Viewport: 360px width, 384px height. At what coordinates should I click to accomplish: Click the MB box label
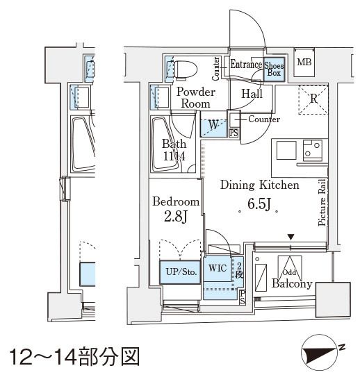pyautogui.click(x=304, y=63)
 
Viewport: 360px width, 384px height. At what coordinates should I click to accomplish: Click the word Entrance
pyautogui.click(x=245, y=65)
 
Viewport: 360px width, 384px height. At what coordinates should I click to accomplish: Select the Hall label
pyautogui.click(x=252, y=94)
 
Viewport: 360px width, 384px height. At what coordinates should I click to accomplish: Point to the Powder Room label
pyautogui.click(x=195, y=98)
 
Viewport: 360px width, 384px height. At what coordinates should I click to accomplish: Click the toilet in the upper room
pyautogui.click(x=185, y=69)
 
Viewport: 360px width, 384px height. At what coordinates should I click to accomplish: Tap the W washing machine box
pyautogui.click(x=213, y=126)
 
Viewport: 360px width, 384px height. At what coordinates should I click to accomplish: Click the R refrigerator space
pyautogui.click(x=313, y=99)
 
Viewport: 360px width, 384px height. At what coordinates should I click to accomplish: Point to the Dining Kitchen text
pyautogui.click(x=259, y=185)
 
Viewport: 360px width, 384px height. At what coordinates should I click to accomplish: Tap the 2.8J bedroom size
pyautogui.click(x=176, y=217)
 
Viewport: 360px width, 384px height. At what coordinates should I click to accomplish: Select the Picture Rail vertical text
pyautogui.click(x=322, y=203)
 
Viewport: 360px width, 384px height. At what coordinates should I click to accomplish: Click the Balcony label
pyautogui.click(x=292, y=284)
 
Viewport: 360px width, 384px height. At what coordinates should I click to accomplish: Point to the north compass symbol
pyautogui.click(x=323, y=356)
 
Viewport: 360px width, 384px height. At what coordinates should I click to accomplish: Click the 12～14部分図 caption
pyautogui.click(x=74, y=357)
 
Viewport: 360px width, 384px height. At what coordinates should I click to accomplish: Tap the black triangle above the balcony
pyautogui.click(x=291, y=237)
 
